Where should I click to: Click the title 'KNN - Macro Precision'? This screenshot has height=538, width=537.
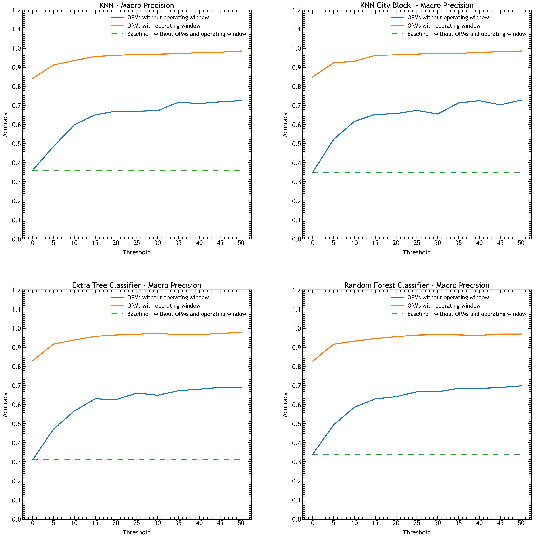pyautogui.click(x=137, y=5)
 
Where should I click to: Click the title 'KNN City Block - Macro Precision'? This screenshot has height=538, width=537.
pyautogui.click(x=417, y=5)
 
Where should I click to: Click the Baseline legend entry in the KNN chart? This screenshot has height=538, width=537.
pyautogui.click(x=186, y=34)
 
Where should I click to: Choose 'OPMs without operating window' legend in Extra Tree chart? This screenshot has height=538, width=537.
pyautogui.click(x=168, y=297)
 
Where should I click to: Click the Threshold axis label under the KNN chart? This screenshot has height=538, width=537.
pyautogui.click(x=137, y=252)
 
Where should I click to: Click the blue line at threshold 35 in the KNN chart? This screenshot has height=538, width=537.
pyautogui.click(x=178, y=102)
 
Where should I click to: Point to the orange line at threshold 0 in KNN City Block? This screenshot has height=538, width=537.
pyautogui.click(x=313, y=77)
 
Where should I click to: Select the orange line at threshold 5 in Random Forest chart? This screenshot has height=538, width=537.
pyautogui.click(x=334, y=344)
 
